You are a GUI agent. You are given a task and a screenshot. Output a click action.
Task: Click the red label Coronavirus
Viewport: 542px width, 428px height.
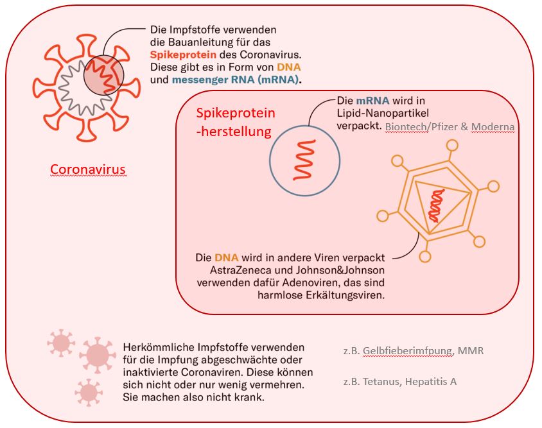point(89,169)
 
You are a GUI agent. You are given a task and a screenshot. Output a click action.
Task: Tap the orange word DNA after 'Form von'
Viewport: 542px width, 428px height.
point(289,67)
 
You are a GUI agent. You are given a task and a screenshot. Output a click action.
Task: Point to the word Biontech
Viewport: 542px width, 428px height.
point(406,127)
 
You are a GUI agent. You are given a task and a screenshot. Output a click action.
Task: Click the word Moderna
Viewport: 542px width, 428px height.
point(493,127)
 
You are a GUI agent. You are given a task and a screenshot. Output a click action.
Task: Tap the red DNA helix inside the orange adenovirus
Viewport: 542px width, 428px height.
point(437,205)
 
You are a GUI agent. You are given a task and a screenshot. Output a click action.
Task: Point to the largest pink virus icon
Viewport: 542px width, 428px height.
point(97,354)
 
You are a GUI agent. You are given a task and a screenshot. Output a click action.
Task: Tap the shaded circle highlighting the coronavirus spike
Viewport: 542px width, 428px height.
point(103,74)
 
